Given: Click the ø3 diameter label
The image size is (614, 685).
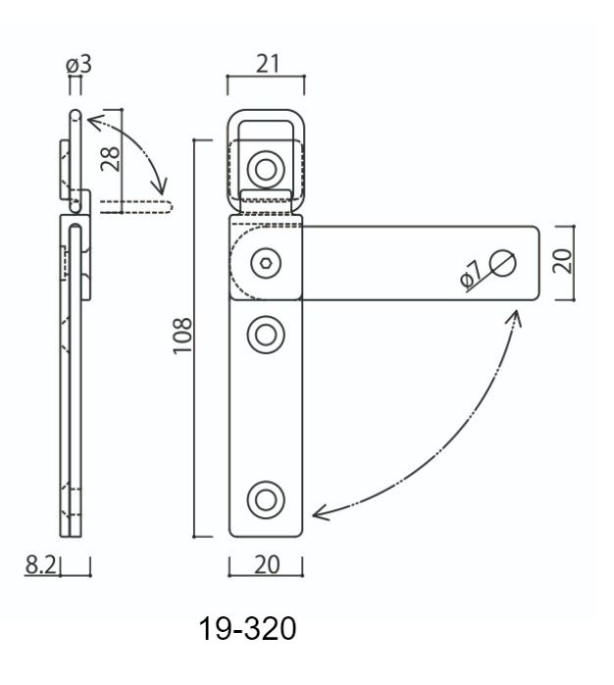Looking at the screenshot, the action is click(78, 65).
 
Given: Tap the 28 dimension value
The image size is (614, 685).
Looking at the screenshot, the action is click(110, 159).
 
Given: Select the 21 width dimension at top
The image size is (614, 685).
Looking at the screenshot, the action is click(267, 64).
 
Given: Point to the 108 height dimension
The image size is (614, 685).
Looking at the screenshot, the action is click(182, 336).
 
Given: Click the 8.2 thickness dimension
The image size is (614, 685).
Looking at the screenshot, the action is click(40, 564).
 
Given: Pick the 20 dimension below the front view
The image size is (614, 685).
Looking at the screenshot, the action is click(267, 564).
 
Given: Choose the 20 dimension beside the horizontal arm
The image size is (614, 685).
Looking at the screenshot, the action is click(562, 261).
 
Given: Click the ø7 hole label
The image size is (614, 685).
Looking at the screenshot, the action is click(471, 275).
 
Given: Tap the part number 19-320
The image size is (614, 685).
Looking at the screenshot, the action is click(247, 629).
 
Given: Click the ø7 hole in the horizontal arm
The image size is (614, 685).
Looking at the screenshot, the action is click(502, 263).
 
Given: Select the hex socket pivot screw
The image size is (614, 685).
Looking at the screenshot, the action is click(266, 263).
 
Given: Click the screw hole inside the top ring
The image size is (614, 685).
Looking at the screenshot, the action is click(266, 169).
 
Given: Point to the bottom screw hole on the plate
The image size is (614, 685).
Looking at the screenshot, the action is click(266, 500).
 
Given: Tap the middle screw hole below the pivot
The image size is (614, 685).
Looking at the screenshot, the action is click(266, 335).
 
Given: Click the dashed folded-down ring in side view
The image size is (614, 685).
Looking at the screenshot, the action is click(136, 207).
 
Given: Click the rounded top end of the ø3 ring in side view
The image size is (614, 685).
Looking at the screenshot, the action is click(76, 115).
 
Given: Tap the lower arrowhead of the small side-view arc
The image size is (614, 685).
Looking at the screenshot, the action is click(161, 187).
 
